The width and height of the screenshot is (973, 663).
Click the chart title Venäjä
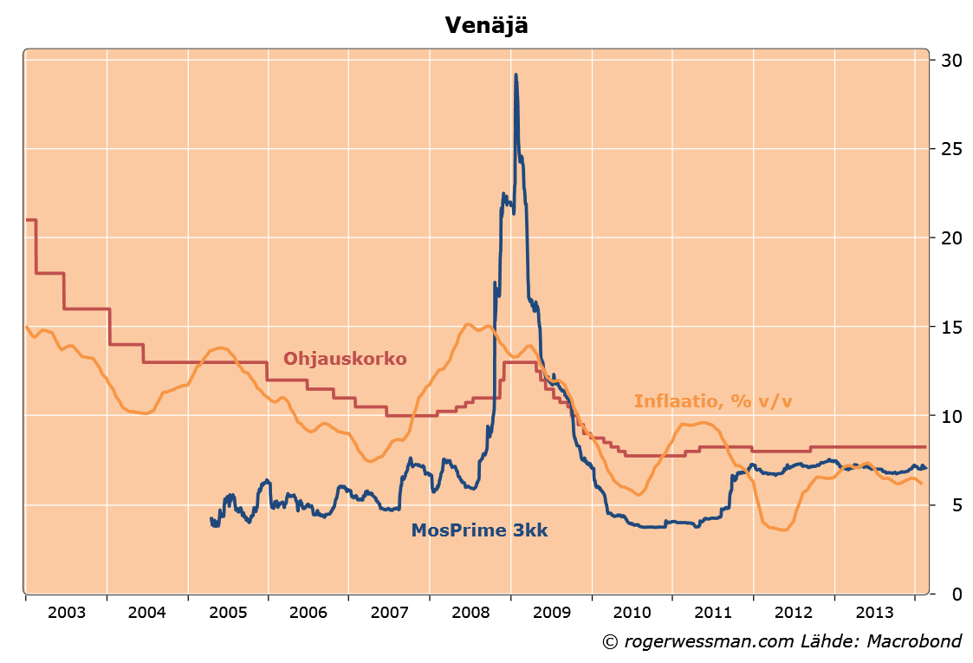(x=486, y=25)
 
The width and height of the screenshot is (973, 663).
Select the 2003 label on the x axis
(x=67, y=613)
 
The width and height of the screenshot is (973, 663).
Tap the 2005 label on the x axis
(x=228, y=613)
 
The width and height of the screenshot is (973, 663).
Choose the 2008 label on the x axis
(x=470, y=613)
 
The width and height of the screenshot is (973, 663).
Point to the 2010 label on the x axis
(x=632, y=613)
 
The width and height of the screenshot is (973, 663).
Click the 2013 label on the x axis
(x=874, y=613)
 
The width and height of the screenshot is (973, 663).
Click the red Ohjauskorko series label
(x=345, y=359)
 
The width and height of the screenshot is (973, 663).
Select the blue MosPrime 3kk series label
(x=479, y=530)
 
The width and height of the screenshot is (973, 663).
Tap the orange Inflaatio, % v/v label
(x=714, y=401)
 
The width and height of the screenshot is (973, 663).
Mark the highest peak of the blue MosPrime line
(x=516, y=75)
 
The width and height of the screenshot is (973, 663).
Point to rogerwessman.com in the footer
(x=691, y=642)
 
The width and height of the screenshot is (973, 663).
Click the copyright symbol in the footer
(x=610, y=642)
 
